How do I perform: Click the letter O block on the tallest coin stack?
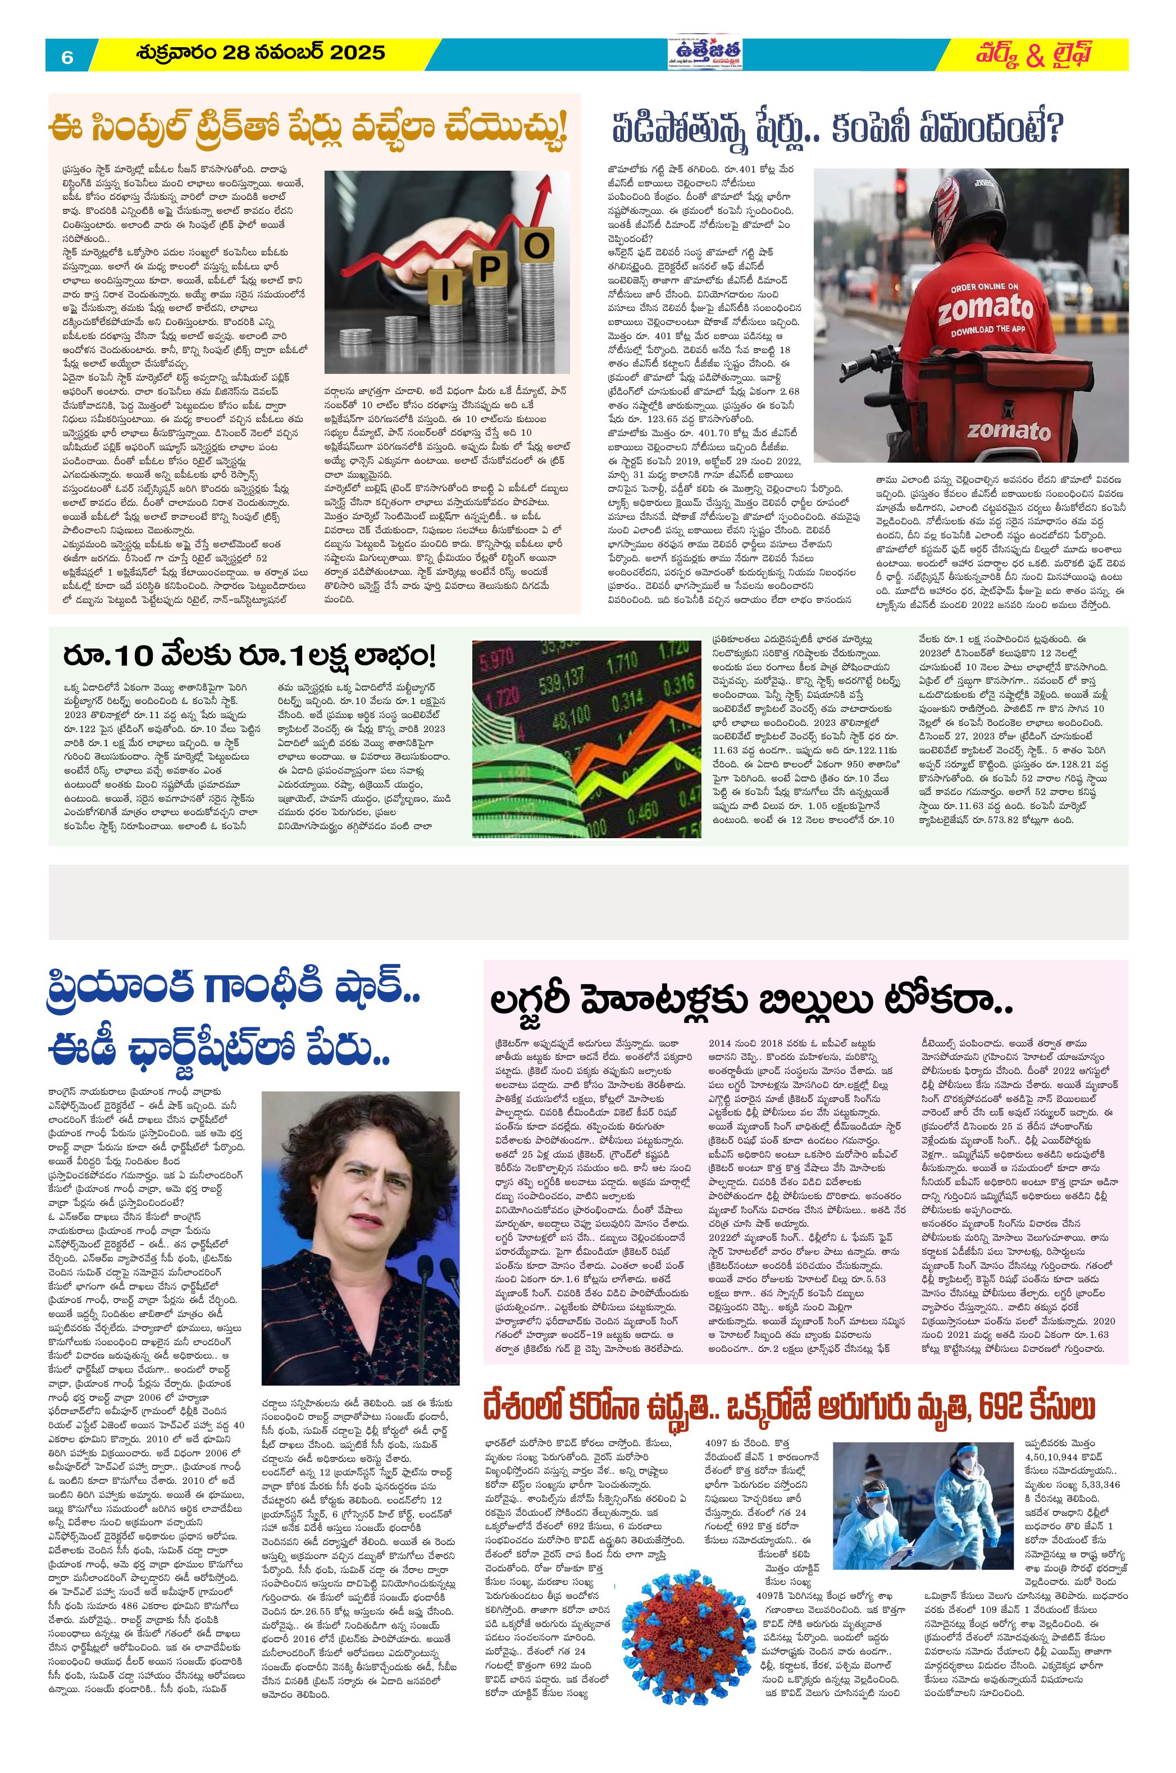536,246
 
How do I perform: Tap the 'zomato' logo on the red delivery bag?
1008,431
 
